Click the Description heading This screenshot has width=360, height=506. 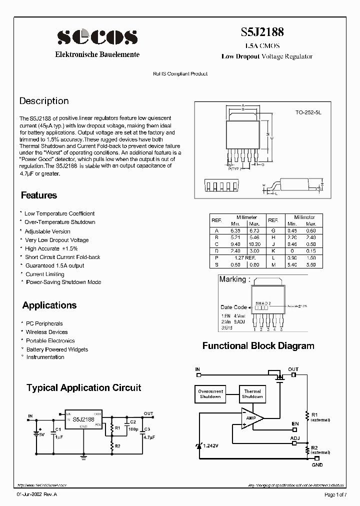[x=44, y=101]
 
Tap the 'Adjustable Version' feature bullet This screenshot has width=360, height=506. [x=47, y=231]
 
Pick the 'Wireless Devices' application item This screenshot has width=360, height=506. [x=47, y=332]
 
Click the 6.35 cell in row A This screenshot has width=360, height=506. [x=234, y=230]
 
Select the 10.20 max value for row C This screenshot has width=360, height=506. [x=254, y=243]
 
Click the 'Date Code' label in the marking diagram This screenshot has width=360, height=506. [x=233, y=307]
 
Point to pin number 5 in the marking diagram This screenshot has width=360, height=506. [x=282, y=329]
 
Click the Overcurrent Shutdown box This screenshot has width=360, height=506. [x=210, y=393]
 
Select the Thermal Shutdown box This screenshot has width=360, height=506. [x=252, y=393]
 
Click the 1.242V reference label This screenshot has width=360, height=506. [x=210, y=445]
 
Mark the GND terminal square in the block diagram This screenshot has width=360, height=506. [x=316, y=457]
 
